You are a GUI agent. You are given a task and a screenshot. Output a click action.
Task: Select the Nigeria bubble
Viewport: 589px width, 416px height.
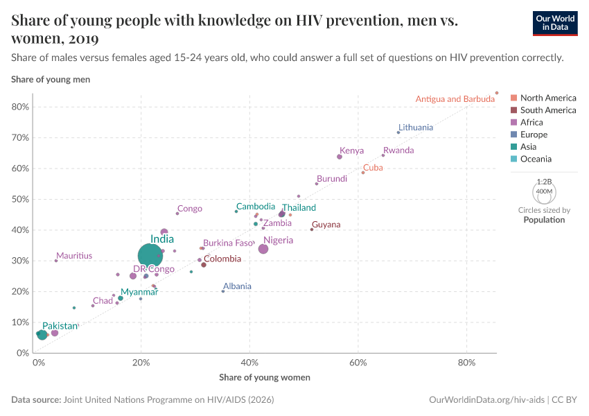[263, 249]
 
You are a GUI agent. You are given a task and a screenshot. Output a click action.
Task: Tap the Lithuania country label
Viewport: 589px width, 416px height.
[416, 128]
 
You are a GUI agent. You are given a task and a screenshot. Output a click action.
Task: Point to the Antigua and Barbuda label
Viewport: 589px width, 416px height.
[455, 99]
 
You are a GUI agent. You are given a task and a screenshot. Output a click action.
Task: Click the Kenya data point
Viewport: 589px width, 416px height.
[340, 157]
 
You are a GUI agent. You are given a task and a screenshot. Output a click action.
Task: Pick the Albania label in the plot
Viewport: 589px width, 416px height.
[237, 286]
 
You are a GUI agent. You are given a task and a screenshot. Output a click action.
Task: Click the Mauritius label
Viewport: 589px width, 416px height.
[74, 256]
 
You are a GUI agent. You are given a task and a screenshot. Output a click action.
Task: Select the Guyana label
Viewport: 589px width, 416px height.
[326, 225]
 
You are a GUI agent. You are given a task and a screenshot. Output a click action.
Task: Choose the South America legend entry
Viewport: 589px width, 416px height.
[547, 110]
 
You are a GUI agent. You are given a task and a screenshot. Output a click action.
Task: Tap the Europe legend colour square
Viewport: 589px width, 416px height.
[513, 135]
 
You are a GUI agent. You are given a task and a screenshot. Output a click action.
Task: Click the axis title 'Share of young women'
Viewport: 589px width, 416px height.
[264, 378]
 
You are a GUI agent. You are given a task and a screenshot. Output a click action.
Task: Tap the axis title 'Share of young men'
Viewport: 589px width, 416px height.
[51, 80]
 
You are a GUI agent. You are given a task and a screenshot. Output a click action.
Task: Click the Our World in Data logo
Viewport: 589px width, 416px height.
[555, 22]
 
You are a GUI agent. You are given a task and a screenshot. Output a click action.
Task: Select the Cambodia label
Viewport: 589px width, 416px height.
[256, 207]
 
